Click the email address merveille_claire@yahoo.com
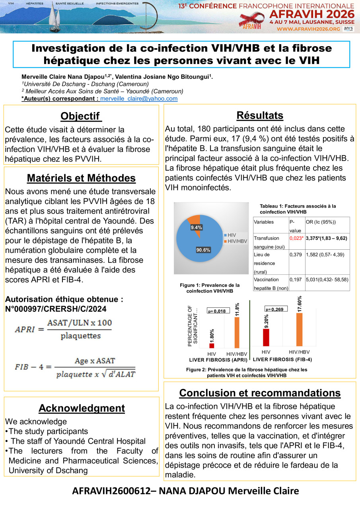(139, 99)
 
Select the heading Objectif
(81, 116)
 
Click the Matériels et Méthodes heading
(81, 178)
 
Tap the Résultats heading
(260, 115)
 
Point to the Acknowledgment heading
(82, 408)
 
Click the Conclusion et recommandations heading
(260, 393)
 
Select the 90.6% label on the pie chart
(203, 250)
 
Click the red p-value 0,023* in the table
(296, 238)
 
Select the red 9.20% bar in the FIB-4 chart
(266, 338)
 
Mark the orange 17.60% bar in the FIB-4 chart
(299, 330)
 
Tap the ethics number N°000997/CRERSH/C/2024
(56, 309)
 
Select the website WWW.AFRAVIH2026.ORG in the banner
(308, 29)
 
